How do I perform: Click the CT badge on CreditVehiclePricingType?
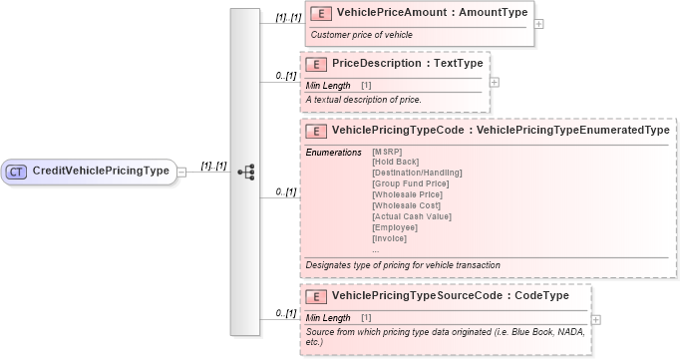pos(17,171)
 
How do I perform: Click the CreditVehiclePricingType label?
pos(101,171)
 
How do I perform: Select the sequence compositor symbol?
pos(245,172)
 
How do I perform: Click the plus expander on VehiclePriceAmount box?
pos(539,23)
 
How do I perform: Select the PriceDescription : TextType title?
pos(407,63)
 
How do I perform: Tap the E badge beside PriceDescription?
pos(315,63)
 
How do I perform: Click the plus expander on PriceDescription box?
pos(495,81)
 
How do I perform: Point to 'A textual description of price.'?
pos(364,99)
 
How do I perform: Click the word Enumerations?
pos(333,152)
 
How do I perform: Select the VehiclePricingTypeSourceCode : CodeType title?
pos(450,295)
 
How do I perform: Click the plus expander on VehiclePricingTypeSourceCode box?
pos(595,319)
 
